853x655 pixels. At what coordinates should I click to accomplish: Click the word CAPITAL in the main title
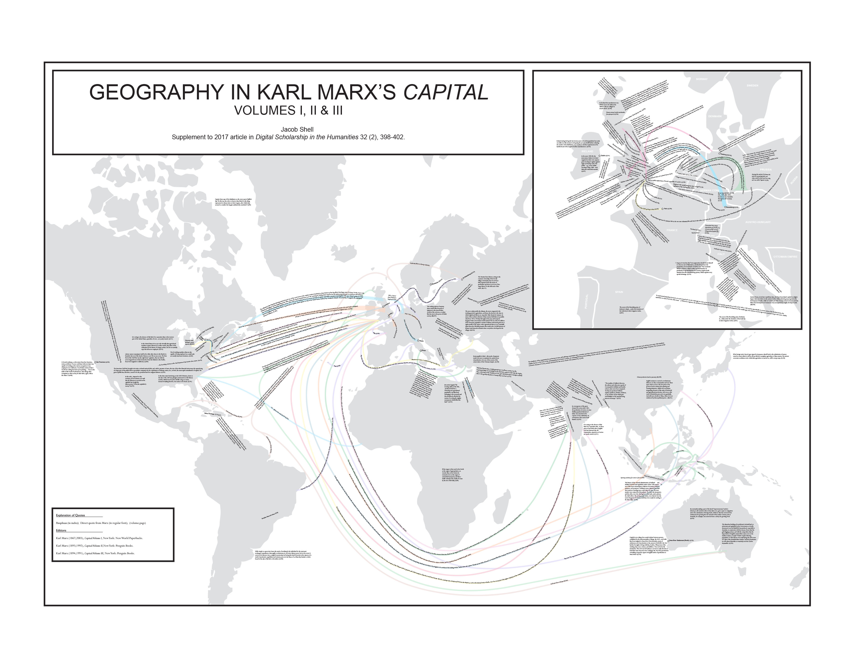pyautogui.click(x=445, y=92)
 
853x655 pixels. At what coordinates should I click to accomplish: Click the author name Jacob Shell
pyautogui.click(x=297, y=130)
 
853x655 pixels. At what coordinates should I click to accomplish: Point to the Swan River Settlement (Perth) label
pyautogui.click(x=681, y=541)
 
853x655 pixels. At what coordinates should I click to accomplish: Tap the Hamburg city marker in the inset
pyautogui.click(x=726, y=155)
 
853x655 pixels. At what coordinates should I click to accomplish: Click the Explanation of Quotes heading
pyautogui.click(x=70, y=516)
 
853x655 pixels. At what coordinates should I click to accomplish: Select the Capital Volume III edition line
pyautogui.click(x=95, y=553)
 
